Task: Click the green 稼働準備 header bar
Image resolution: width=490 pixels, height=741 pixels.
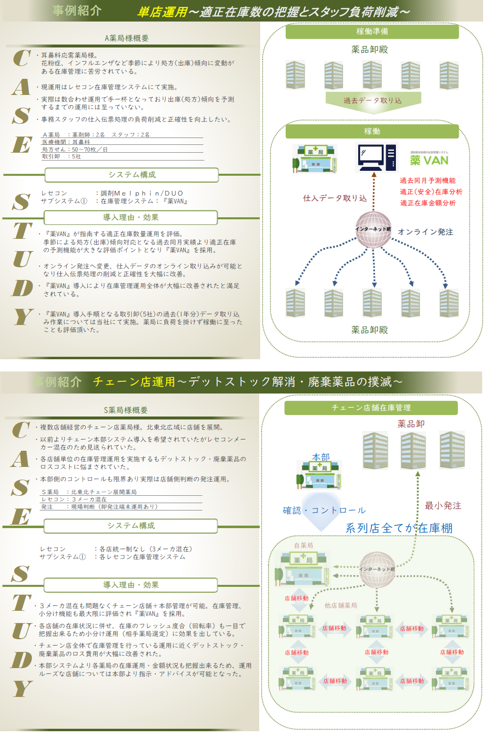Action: (372, 31)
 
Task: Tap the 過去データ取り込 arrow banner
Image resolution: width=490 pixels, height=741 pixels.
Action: (372, 100)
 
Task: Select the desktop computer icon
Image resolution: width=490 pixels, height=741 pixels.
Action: (376, 157)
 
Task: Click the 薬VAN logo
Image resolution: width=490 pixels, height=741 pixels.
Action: (429, 160)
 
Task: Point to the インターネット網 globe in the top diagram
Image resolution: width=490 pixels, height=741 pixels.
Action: (373, 229)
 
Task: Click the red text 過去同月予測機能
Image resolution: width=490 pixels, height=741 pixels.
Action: (427, 181)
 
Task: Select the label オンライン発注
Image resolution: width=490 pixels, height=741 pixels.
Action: (425, 232)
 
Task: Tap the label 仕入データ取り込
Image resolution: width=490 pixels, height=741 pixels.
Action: (335, 198)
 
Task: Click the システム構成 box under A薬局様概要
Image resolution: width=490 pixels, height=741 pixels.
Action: (132, 175)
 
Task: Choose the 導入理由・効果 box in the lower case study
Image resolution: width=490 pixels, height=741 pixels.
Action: (131, 585)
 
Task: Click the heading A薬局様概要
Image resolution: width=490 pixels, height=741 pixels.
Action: (126, 38)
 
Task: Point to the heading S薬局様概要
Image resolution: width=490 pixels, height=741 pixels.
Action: (125, 410)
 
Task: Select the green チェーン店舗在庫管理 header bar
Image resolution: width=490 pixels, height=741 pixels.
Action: (371, 408)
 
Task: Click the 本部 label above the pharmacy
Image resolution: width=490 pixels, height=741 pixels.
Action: (321, 457)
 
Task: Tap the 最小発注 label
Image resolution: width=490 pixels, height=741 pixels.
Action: (443, 506)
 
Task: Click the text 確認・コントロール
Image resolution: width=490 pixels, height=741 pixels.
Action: (324, 510)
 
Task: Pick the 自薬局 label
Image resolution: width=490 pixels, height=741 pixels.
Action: (303, 545)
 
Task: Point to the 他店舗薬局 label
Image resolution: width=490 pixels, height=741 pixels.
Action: (341, 605)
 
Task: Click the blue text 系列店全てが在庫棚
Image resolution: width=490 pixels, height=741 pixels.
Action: (399, 528)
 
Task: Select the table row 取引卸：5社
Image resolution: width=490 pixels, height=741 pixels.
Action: (62, 157)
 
